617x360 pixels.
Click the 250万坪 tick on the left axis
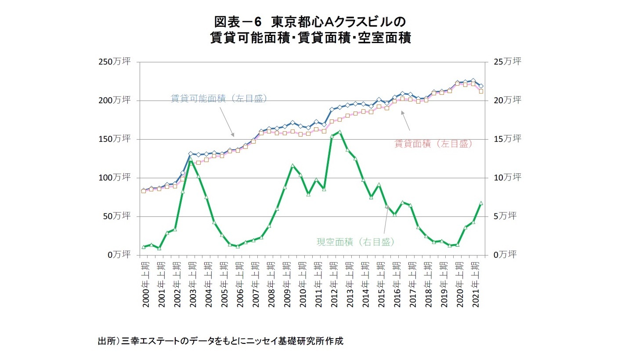117,62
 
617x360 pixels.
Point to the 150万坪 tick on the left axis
117,139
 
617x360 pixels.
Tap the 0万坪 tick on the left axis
120,255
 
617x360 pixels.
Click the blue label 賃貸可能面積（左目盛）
219,99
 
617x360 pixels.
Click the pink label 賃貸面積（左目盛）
433,144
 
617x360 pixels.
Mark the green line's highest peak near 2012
339,132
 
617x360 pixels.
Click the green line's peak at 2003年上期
191,160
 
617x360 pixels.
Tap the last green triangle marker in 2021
481,203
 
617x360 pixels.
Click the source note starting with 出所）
220,341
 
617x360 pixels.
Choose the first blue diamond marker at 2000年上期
144,190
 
